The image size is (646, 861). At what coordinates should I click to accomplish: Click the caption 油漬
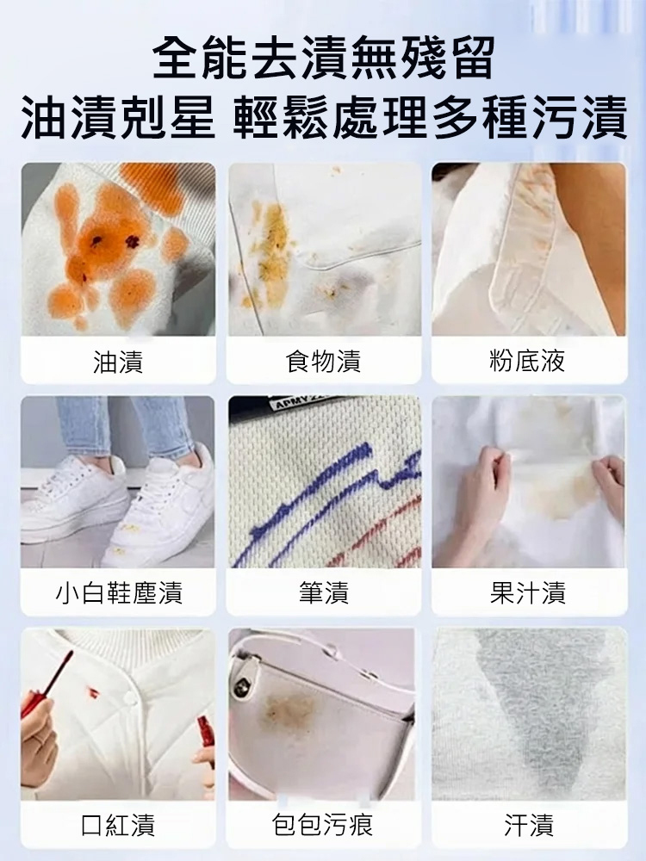118,362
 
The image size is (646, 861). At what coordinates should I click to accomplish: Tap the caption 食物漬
323,362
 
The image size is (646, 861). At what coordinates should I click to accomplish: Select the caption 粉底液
527,361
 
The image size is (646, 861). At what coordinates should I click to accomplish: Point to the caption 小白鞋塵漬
119,593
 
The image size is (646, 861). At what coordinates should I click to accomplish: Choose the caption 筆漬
324,593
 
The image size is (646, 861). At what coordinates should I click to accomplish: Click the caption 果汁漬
528,593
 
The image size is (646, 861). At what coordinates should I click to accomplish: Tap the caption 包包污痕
323,825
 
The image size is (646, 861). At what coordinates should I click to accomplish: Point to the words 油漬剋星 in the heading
119,117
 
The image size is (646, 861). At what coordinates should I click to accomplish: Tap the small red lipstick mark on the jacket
93,693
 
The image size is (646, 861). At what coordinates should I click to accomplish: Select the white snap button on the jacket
129,698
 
